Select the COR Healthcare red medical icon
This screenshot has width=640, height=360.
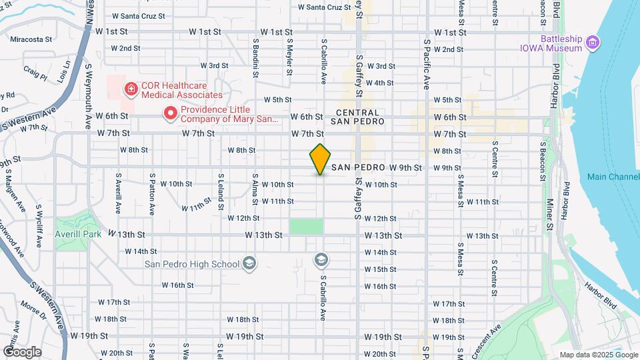coord(130,87)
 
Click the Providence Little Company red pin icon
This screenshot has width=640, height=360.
coord(170,114)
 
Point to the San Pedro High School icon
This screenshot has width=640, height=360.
coord(249,264)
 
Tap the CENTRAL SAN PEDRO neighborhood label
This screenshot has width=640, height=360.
coord(357,117)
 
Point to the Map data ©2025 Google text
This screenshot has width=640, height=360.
coord(598,355)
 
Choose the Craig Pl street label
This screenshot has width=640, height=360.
coord(35,73)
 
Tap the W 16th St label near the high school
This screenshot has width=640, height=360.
coord(177,285)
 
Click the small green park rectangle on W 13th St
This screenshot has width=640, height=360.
coord(306,226)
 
